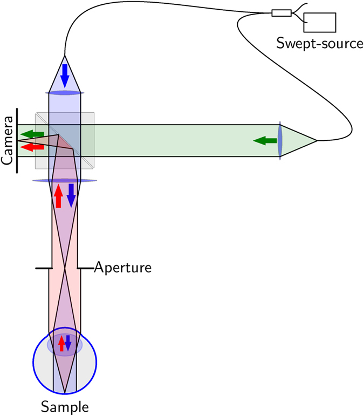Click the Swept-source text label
pyautogui.click(x=320, y=43)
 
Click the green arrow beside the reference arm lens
pyautogui.click(x=263, y=141)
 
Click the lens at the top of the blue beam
pyautogui.click(x=65, y=93)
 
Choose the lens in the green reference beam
pyautogui.click(x=279, y=141)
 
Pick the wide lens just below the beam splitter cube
pyautogui.click(x=65, y=181)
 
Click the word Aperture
pyautogui.click(x=122, y=267)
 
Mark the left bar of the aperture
pyautogui.click(x=43, y=267)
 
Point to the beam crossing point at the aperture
pyautogui.click(x=65, y=267)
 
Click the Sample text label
pyautogui.click(x=64, y=406)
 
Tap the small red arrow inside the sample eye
pyautogui.click(x=61, y=344)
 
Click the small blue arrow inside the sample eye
pyautogui.click(x=68, y=344)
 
